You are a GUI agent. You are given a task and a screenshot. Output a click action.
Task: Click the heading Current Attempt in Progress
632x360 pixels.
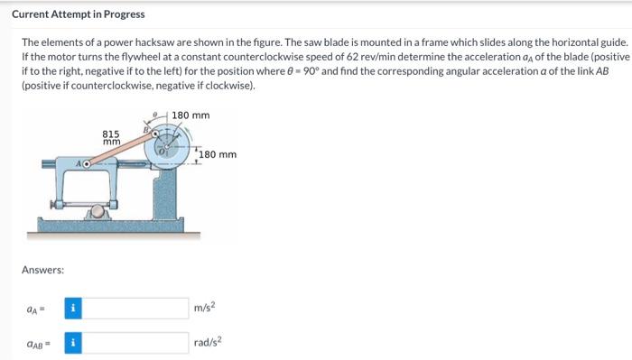click(78, 14)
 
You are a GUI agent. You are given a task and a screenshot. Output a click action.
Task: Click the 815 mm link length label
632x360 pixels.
click(112, 137)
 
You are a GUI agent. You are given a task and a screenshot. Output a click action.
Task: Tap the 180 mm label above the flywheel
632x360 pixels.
click(190, 115)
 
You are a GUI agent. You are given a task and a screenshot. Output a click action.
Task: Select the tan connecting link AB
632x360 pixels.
click(122, 148)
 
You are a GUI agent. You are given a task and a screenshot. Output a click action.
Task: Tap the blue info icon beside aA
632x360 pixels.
click(73, 309)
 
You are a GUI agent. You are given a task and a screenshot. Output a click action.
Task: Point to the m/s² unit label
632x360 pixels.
click(205, 309)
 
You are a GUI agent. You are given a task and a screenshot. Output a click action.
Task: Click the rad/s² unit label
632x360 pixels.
click(209, 342)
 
